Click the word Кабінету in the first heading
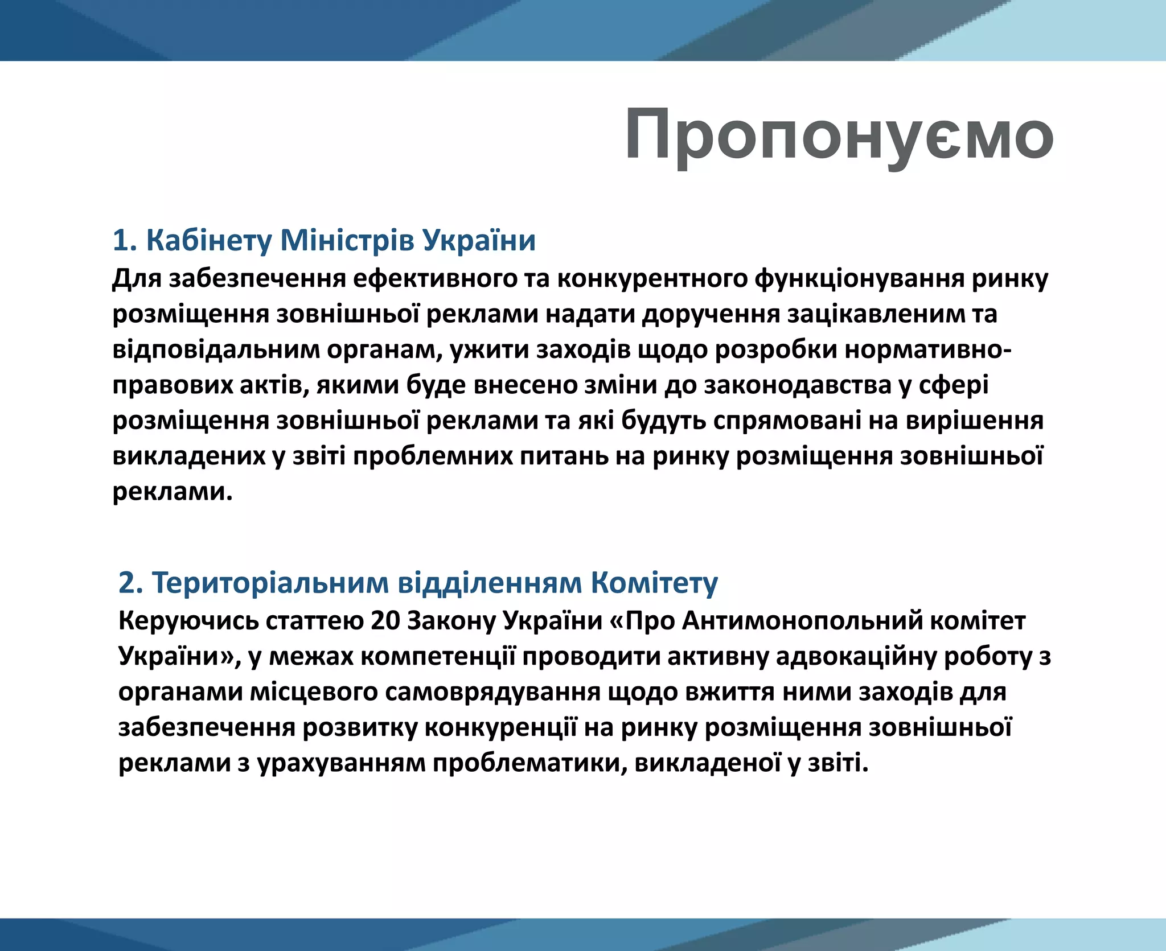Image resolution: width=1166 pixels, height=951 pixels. click(x=210, y=240)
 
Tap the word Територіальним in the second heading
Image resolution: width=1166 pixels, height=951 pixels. click(x=270, y=583)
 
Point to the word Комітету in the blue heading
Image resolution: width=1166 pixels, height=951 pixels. click(x=654, y=583)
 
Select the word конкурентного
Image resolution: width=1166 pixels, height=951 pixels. click(x=652, y=279)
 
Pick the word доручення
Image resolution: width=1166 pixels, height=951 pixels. click(x=711, y=315)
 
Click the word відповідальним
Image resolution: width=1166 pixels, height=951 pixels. click(x=216, y=350)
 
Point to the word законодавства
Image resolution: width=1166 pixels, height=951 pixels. click(x=797, y=386)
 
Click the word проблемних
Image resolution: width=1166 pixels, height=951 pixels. click(x=432, y=457)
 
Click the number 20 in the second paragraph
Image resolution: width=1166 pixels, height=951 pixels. click(x=385, y=621)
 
